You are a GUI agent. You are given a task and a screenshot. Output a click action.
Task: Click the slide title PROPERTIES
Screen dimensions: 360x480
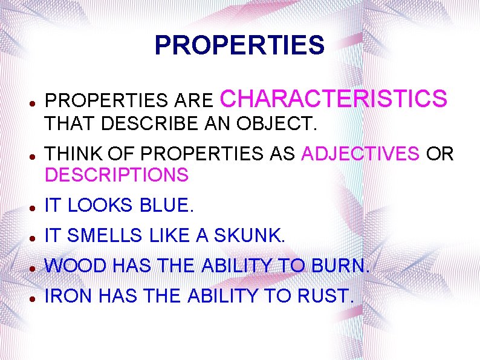(x=239, y=45)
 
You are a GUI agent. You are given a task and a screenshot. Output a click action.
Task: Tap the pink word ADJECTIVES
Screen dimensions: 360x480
(x=360, y=154)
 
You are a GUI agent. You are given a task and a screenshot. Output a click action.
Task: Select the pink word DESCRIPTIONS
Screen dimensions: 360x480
(x=117, y=175)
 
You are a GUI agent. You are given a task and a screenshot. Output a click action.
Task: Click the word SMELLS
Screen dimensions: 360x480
(x=105, y=236)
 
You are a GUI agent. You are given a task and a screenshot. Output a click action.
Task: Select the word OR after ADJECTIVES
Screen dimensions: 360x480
(x=439, y=154)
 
